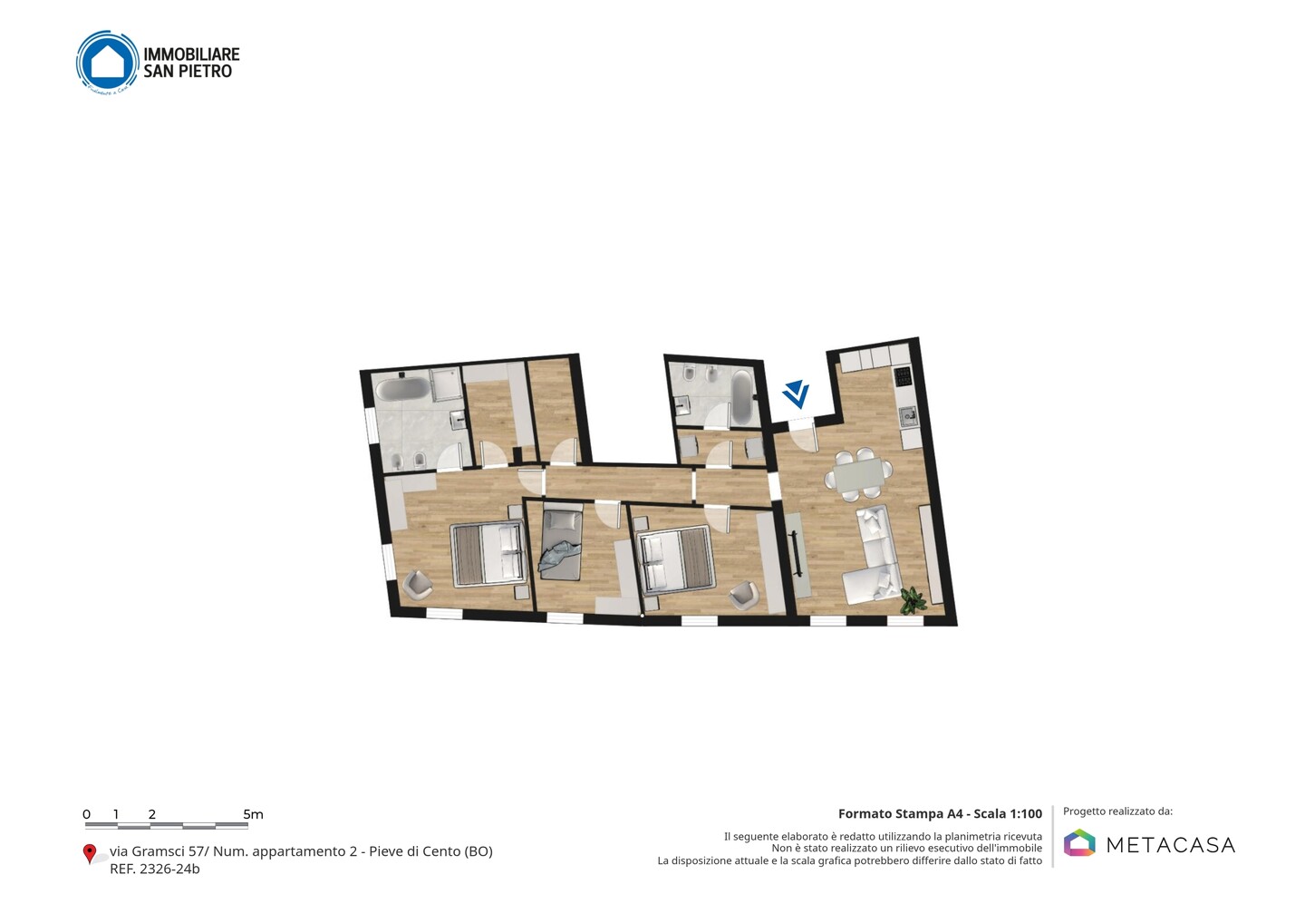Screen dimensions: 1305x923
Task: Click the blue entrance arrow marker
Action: tap(797, 393)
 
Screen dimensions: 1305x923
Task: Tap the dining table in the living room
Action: tap(857, 475)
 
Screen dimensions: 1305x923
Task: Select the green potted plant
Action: tap(913, 601)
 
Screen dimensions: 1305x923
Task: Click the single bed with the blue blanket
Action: tap(562, 545)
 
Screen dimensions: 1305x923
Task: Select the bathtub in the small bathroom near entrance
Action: tap(741, 397)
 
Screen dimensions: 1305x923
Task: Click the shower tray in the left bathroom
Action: tap(446, 384)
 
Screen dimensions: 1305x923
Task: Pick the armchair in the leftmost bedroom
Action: tap(418, 585)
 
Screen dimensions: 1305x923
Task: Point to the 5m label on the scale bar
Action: tap(253, 814)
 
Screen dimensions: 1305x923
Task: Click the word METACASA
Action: tap(1171, 845)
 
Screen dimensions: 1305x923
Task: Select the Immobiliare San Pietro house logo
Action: tap(108, 63)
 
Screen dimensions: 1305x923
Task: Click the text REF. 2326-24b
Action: tap(154, 869)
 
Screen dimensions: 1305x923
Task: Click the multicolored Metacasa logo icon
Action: tap(1079, 842)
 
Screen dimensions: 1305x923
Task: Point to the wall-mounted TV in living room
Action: tap(796, 554)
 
